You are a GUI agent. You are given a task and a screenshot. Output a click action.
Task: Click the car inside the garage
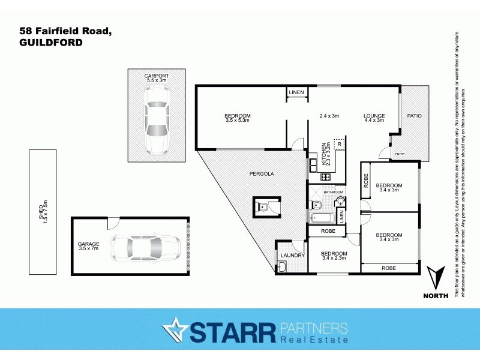146,246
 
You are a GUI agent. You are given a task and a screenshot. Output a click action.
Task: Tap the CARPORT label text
157,76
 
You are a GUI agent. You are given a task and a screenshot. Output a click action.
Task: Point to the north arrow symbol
436,279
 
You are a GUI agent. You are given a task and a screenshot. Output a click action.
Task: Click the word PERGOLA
262,173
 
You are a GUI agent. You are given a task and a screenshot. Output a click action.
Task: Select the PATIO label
415,116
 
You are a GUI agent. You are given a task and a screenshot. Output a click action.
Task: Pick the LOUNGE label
374,116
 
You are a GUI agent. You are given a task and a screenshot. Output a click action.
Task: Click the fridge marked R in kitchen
340,145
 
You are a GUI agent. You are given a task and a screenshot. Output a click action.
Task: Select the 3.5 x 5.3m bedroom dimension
238,121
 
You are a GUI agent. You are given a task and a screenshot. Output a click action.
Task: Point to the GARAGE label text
88,244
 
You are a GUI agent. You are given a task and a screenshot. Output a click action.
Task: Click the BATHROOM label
334,192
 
